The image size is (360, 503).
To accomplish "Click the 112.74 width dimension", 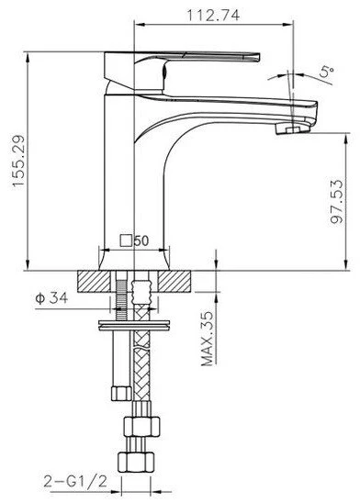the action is click(213, 15).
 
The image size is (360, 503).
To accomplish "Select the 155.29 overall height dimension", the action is click(18, 161).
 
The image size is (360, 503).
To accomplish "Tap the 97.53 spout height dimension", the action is click(336, 202).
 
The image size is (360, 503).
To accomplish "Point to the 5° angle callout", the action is click(327, 73).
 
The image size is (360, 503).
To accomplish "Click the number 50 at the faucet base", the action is click(141, 240).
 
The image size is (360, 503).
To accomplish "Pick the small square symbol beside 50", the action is click(127, 240).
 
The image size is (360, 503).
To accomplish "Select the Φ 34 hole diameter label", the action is click(51, 298).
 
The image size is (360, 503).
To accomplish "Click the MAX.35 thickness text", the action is click(208, 339).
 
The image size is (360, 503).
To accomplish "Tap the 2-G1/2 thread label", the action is click(75, 482).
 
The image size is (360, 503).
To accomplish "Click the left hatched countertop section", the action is click(94, 282).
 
